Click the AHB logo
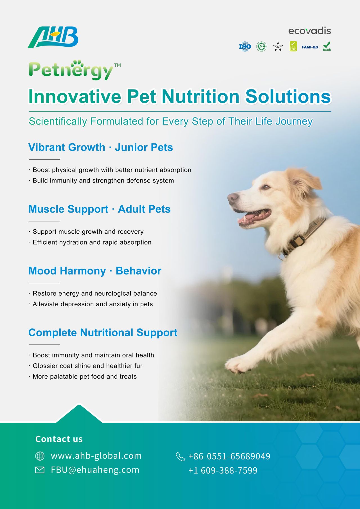pyautogui.click(x=53, y=37)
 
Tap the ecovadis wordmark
pyautogui.click(x=309, y=31)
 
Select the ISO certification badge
pyautogui.click(x=245, y=46)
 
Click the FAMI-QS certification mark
pyautogui.click(x=310, y=47)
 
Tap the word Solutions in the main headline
pyautogui.click(x=288, y=96)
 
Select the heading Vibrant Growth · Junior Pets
pyautogui.click(x=100, y=147)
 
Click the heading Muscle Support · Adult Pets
pyautogui.click(x=99, y=209)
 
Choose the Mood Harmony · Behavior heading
pyautogui.click(x=95, y=271)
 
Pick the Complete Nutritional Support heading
pyautogui.click(x=103, y=333)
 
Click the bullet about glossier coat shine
pyautogui.click(x=86, y=366)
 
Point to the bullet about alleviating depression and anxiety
pyautogui.click(x=91, y=304)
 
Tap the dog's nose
pyautogui.click(x=233, y=198)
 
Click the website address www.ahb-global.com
pyautogui.click(x=96, y=456)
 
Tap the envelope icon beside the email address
pyautogui.click(x=40, y=470)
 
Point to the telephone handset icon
pyautogui.click(x=180, y=457)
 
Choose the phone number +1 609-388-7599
pyautogui.click(x=223, y=470)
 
